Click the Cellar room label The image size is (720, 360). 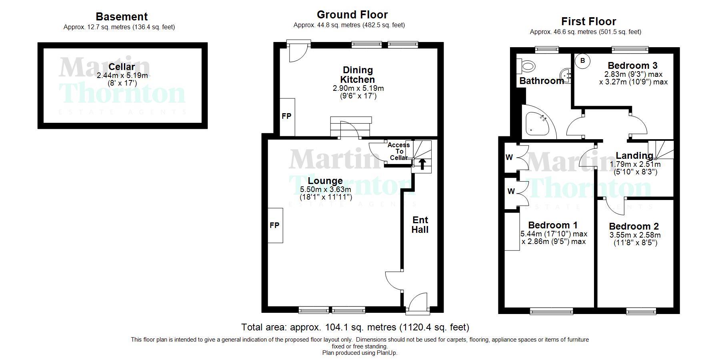tap(122, 67)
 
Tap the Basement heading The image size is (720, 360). tap(122, 17)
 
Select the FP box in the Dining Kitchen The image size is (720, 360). tap(287, 117)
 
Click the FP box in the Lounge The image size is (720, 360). tap(275, 225)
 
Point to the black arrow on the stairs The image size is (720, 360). tap(422, 164)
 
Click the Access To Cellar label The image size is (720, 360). tap(399, 151)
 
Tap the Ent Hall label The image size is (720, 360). tap(420, 225)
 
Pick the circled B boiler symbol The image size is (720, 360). tap(583, 61)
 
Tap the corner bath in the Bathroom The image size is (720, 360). tap(538, 122)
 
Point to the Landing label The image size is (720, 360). tap(634, 156)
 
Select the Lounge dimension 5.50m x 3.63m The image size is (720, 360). tap(326, 190)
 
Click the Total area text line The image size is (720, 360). tap(355, 327)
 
